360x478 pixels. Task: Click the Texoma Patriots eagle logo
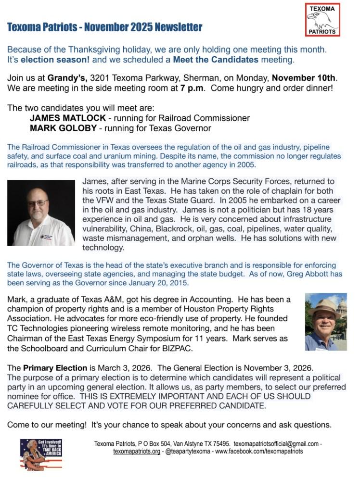pos(322,20)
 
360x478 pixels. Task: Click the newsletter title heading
pos(104,27)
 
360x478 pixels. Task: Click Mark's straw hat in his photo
pos(324,306)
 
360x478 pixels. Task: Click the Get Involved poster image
pos(41,454)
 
